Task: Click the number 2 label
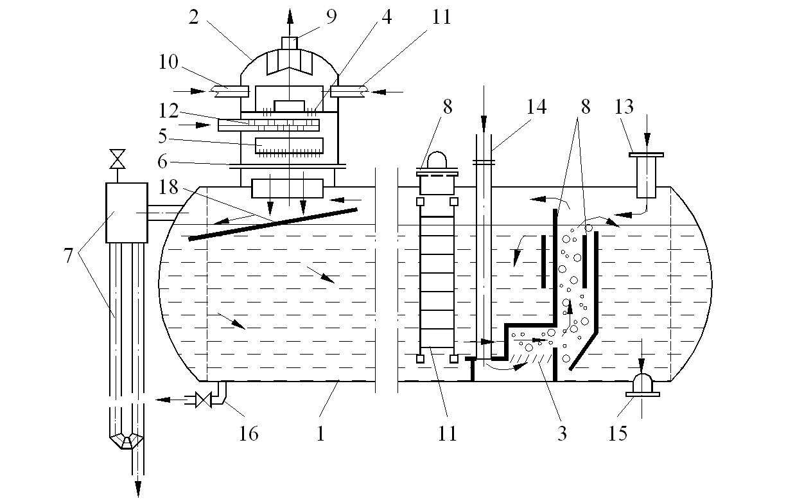point(194,17)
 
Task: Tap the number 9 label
point(331,17)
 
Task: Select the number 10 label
point(168,62)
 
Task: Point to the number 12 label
point(168,110)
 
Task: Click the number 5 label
point(162,136)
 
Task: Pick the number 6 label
point(162,162)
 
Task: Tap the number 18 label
point(168,188)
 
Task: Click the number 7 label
point(68,256)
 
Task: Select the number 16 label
point(249,434)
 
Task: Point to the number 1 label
point(320,434)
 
